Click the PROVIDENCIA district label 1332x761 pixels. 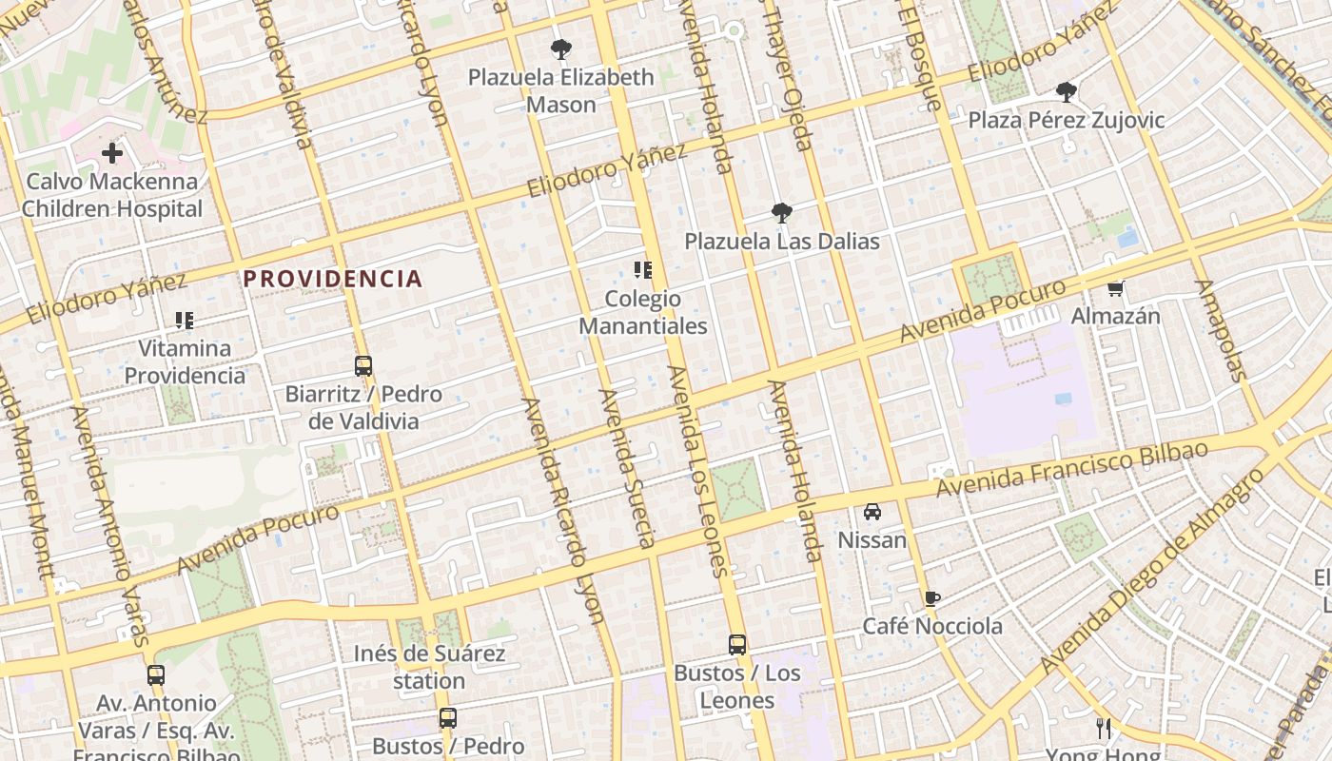click(x=332, y=279)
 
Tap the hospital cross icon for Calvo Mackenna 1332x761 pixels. click(x=112, y=152)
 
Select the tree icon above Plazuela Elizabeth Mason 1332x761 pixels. click(x=561, y=49)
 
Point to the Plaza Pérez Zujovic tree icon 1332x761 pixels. click(x=1066, y=92)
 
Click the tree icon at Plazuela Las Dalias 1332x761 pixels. click(x=781, y=212)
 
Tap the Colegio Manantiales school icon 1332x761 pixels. click(x=643, y=270)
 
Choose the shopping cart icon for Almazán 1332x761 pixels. click(x=1115, y=287)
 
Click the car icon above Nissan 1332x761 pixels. click(x=872, y=512)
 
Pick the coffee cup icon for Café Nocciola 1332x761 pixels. click(x=931, y=598)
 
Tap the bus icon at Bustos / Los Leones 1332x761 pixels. click(x=736, y=645)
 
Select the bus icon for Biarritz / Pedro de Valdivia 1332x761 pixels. click(x=362, y=365)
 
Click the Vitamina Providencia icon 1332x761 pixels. click(x=185, y=321)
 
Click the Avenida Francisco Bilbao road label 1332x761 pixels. click(x=1071, y=468)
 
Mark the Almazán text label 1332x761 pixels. click(x=1115, y=315)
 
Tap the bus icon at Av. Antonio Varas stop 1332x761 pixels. click(x=156, y=675)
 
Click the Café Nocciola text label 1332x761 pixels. click(x=931, y=626)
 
